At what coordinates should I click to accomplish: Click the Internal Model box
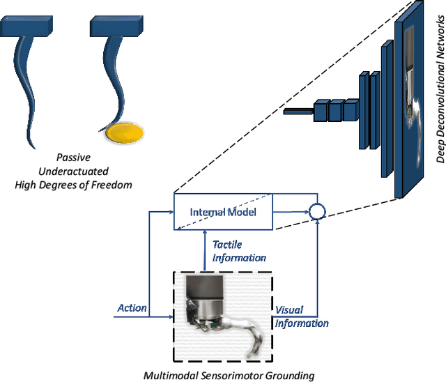coord(222,212)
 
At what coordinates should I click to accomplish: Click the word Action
coord(131,307)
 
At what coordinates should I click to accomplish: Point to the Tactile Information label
coord(238,251)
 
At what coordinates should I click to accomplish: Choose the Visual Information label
coord(301,316)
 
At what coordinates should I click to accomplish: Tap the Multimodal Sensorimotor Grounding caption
coord(229,376)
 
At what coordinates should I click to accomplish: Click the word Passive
coord(73,158)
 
